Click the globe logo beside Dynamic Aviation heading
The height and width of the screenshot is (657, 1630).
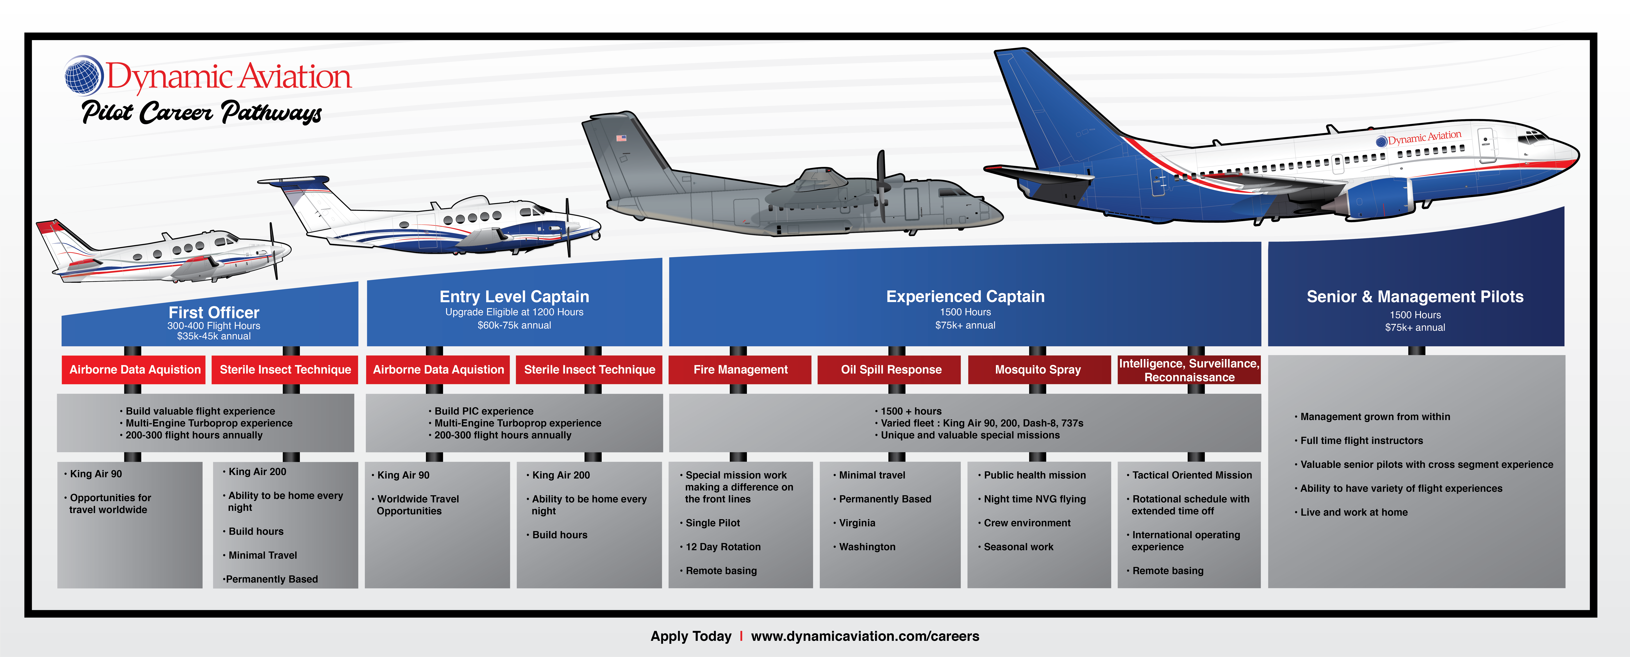pyautogui.click(x=83, y=75)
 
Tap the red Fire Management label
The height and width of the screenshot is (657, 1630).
pyautogui.click(x=740, y=370)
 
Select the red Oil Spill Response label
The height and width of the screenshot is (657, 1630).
pyautogui.click(x=891, y=370)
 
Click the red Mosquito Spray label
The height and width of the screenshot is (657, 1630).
pyautogui.click(x=1038, y=370)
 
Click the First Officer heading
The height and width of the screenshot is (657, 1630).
pyautogui.click(x=214, y=313)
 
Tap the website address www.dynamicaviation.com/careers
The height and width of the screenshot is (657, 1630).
pyautogui.click(x=865, y=636)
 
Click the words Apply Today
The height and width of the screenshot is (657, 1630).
pyautogui.click(x=691, y=636)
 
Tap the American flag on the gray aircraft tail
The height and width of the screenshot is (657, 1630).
pyautogui.click(x=621, y=137)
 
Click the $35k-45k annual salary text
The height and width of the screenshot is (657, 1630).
pyautogui.click(x=214, y=336)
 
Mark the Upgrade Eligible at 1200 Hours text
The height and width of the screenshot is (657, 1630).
pyautogui.click(x=514, y=312)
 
